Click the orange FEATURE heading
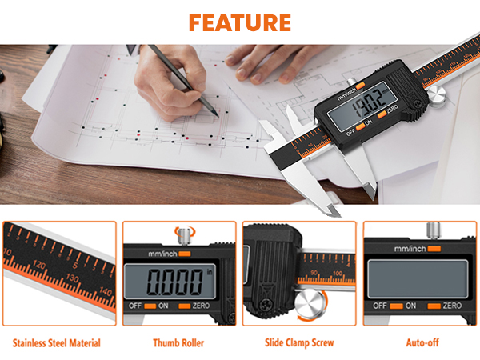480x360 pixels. [239, 21]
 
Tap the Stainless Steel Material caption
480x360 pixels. [57, 343]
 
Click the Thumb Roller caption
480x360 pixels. [178, 343]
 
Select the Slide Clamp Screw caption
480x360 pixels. [298, 343]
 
